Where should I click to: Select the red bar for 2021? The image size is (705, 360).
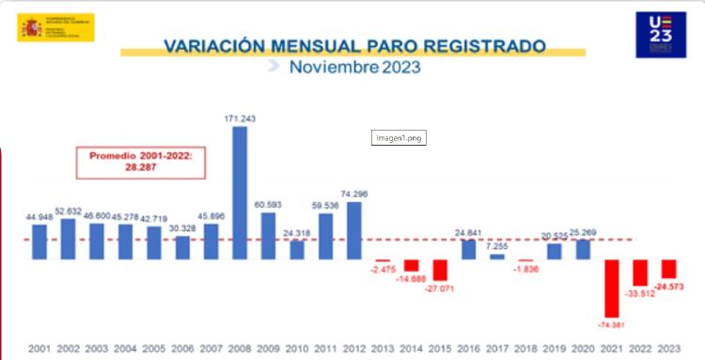(x=612, y=288)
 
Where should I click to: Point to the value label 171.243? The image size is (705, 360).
(x=240, y=118)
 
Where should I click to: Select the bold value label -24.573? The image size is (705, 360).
(x=669, y=286)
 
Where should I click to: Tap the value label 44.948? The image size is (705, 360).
(x=39, y=216)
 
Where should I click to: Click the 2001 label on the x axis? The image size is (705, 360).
(x=39, y=349)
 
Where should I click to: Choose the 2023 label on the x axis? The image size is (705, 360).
(x=669, y=349)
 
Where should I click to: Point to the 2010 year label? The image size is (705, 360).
(x=297, y=349)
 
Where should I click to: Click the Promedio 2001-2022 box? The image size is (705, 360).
(x=140, y=162)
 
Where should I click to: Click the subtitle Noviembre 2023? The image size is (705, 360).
(x=354, y=68)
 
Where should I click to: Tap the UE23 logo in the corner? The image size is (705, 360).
(x=661, y=35)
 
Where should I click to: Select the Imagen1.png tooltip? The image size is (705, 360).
(x=399, y=137)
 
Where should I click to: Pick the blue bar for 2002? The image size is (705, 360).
(x=68, y=239)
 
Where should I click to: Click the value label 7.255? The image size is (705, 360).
(x=497, y=245)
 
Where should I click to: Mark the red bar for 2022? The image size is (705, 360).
(x=640, y=273)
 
